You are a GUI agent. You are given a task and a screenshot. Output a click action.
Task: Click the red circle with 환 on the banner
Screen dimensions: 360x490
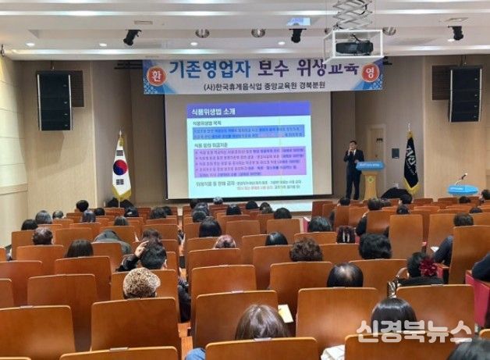(x=154, y=75)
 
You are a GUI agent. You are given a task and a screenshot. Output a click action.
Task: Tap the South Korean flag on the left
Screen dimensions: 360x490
(x=121, y=169)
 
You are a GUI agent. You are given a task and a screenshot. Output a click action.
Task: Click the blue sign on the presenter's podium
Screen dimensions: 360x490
(x=369, y=166)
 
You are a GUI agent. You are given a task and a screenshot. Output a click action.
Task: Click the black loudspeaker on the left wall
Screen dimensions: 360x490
(x=54, y=101)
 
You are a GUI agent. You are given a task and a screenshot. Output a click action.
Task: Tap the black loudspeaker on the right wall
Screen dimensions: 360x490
(x=465, y=94)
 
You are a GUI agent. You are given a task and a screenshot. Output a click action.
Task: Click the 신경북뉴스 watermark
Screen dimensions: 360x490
(x=414, y=331)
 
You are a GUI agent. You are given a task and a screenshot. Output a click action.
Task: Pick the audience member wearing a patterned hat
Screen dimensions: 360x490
(x=141, y=283)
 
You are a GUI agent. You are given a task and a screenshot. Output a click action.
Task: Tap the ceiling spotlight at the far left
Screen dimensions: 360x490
(x=131, y=37)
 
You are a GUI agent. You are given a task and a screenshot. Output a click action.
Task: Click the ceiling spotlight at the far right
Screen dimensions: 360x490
(x=456, y=33)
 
